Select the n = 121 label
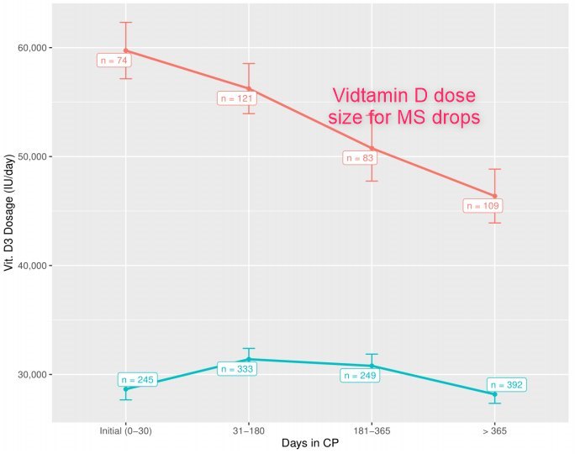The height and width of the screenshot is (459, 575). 236,98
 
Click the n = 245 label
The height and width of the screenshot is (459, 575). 138,380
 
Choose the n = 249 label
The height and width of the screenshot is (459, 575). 360,375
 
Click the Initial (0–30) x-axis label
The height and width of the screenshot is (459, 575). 125,430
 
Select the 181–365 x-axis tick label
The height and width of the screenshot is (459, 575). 372,430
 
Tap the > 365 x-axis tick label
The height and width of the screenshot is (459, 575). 494,430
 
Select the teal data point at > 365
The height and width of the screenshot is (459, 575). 494,394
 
